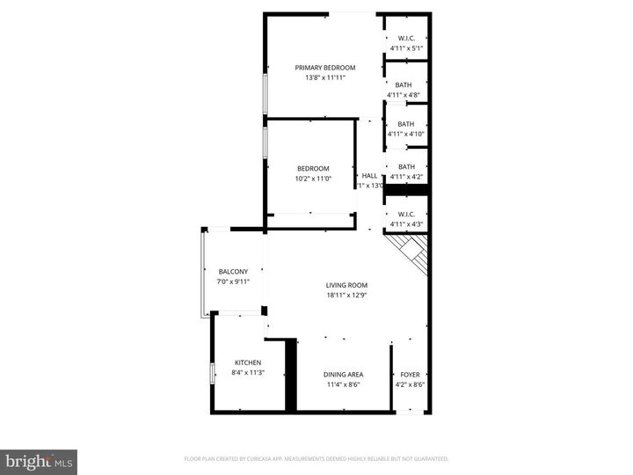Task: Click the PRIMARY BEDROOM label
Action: pyautogui.click(x=325, y=68)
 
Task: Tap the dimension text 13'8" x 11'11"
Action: pyautogui.click(x=325, y=77)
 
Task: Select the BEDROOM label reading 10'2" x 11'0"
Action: pyautogui.click(x=313, y=169)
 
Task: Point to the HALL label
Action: pyautogui.click(x=369, y=176)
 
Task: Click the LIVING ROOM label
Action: pyautogui.click(x=346, y=285)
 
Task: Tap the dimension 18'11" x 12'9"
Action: pyautogui.click(x=346, y=296)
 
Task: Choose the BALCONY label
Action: pyautogui.click(x=233, y=272)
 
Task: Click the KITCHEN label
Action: pyautogui.click(x=248, y=363)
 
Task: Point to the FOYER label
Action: pyautogui.click(x=411, y=375)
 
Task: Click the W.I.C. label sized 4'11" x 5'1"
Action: pyautogui.click(x=406, y=38)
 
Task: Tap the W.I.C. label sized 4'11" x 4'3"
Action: pyautogui.click(x=406, y=215)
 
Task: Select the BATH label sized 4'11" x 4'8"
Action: pyautogui.click(x=404, y=85)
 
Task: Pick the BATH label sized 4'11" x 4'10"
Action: pyautogui.click(x=406, y=124)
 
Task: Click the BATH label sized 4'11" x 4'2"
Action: pyautogui.click(x=406, y=167)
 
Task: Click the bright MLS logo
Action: pyautogui.click(x=39, y=462)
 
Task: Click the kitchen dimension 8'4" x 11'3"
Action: pyautogui.click(x=248, y=373)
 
